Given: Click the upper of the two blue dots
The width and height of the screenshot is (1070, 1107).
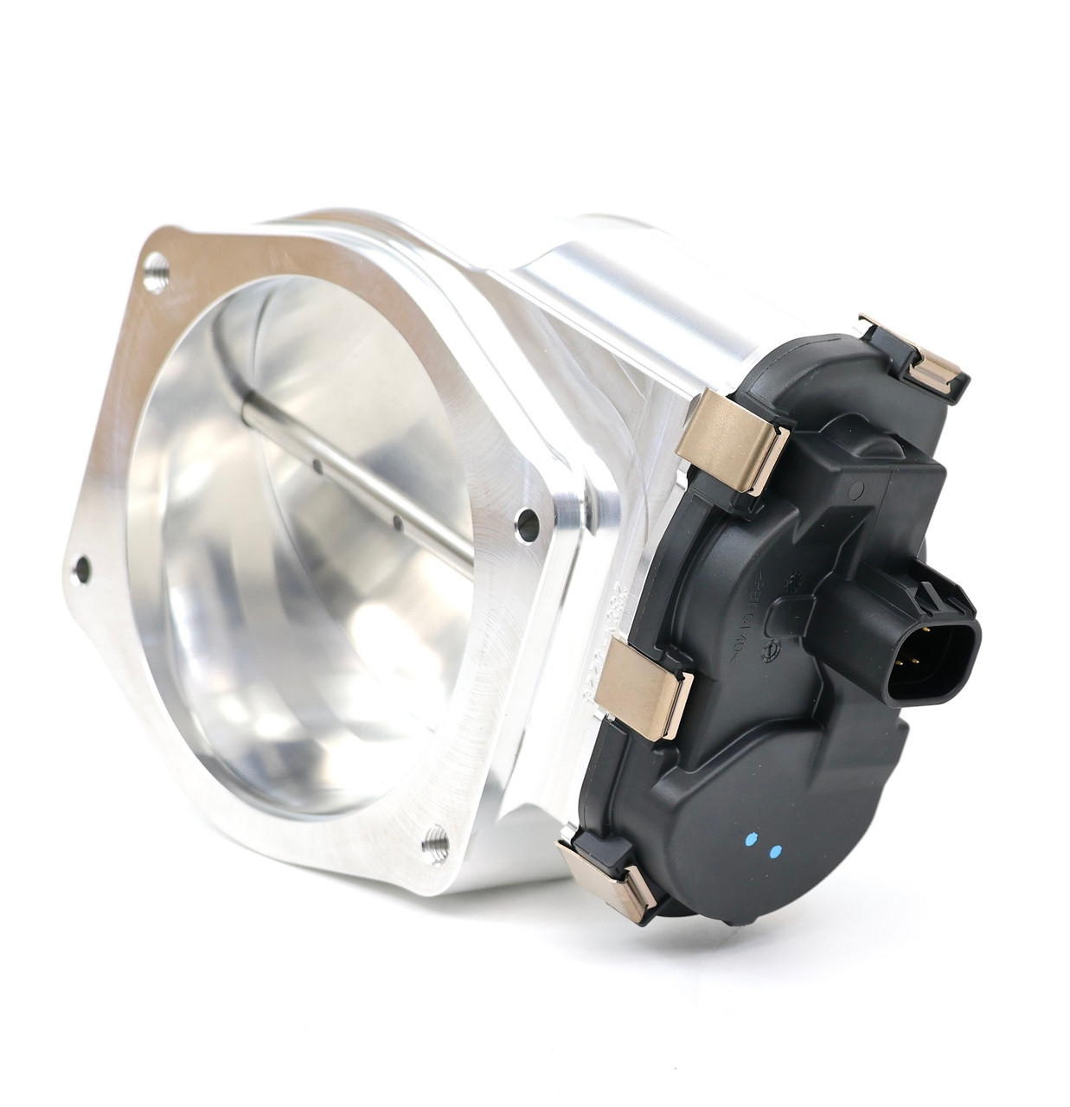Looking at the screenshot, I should click(751, 840).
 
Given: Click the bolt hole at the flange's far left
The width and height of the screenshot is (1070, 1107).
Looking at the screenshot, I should click(83, 567).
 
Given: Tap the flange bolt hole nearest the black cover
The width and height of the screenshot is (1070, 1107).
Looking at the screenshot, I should click(525, 519).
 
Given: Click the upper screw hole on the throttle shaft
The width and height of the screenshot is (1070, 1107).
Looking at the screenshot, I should click(318, 467).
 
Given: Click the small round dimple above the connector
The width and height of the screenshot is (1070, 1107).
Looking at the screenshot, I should click(858, 491).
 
